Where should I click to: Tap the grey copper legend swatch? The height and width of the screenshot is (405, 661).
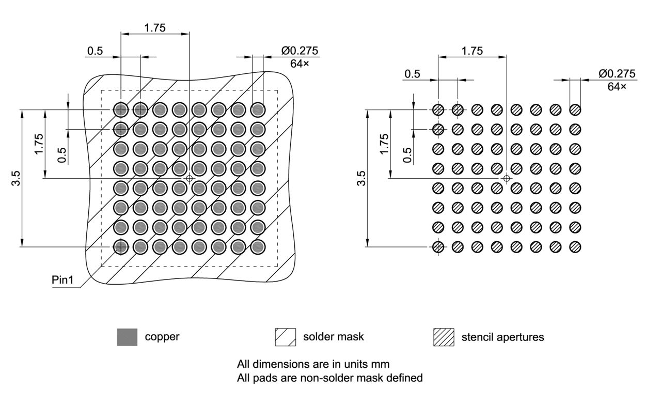(x=127, y=337)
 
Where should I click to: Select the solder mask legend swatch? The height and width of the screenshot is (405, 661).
(x=286, y=337)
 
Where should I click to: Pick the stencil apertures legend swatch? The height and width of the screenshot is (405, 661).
(x=443, y=337)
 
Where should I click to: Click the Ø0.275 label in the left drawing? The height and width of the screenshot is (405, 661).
(x=300, y=51)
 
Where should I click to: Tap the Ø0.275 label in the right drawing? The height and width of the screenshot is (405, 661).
(x=617, y=73)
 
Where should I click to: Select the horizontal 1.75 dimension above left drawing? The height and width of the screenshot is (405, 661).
(x=155, y=28)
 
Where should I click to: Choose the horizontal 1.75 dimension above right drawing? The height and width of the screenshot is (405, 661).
(x=472, y=51)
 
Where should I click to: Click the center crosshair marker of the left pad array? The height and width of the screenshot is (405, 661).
(x=189, y=178)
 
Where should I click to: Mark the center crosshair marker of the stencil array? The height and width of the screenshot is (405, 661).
(x=506, y=178)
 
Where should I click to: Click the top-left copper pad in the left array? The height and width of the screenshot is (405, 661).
(x=121, y=110)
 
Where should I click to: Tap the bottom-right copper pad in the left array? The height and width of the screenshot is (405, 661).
(x=258, y=247)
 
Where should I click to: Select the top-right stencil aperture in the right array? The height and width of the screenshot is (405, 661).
(x=575, y=110)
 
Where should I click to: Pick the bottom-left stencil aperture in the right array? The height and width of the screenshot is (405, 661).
(x=438, y=247)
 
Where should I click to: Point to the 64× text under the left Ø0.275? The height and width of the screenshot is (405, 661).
(x=300, y=64)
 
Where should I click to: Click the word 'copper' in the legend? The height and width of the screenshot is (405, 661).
(x=162, y=337)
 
